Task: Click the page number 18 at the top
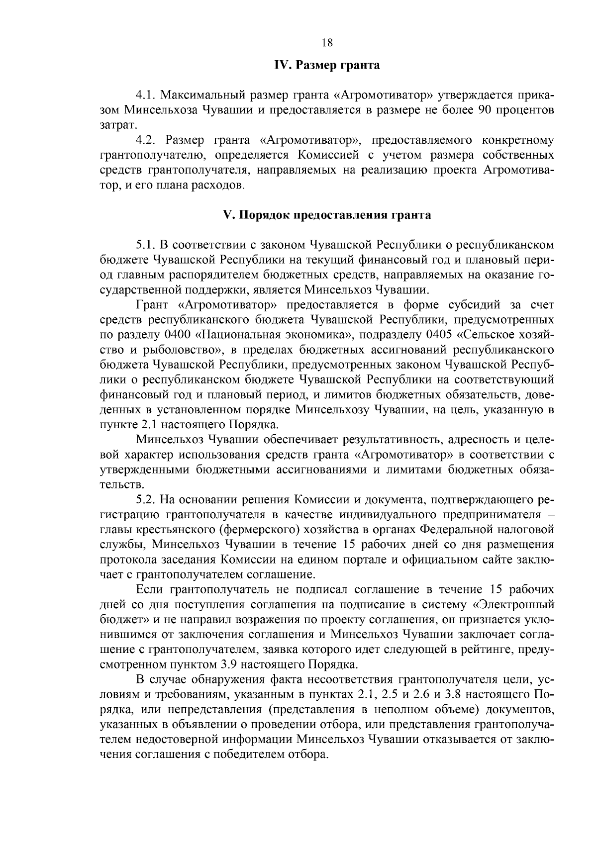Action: [x=327, y=42]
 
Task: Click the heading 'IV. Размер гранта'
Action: [x=327, y=65]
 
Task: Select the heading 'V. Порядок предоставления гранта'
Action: [x=327, y=215]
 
